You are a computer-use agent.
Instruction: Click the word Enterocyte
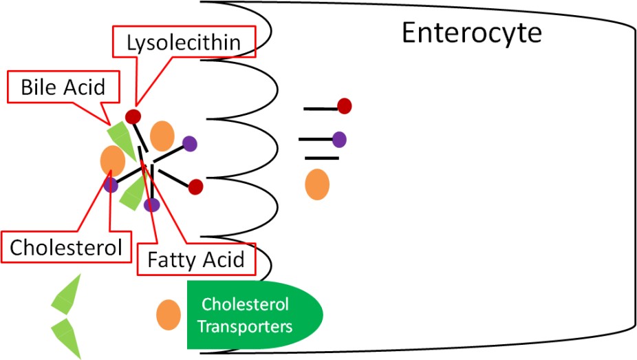pos(471,32)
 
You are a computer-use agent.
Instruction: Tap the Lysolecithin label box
pos(184,43)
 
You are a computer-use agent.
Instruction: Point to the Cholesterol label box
pos(66,248)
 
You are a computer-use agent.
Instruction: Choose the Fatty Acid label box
pos(196,260)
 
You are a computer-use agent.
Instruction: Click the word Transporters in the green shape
pos(245,325)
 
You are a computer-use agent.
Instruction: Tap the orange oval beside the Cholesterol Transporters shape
pos(169,315)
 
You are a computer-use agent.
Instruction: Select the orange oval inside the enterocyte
pos(316,184)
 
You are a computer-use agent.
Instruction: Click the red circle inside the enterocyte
pos(345,105)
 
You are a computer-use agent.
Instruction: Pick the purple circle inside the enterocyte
pos(339,139)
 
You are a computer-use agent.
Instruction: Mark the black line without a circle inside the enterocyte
pos(322,158)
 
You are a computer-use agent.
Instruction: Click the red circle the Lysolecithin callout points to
pos(133,116)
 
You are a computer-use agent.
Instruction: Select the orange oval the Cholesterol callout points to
pos(111,161)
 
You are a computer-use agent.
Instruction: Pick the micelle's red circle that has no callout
pos(196,186)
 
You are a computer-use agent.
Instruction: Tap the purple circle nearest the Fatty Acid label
pos(152,204)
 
